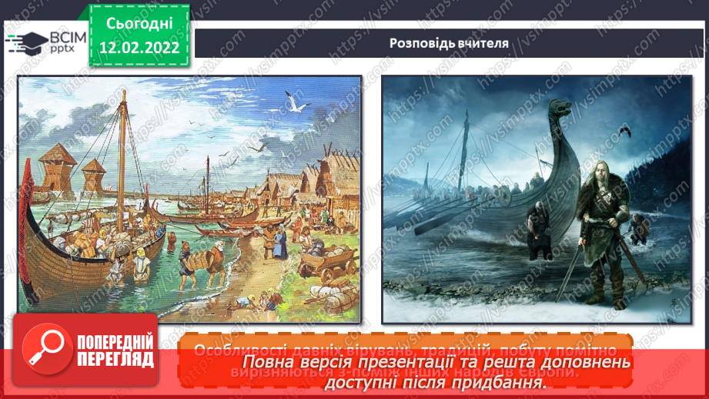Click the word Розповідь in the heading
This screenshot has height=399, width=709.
(420, 42)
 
